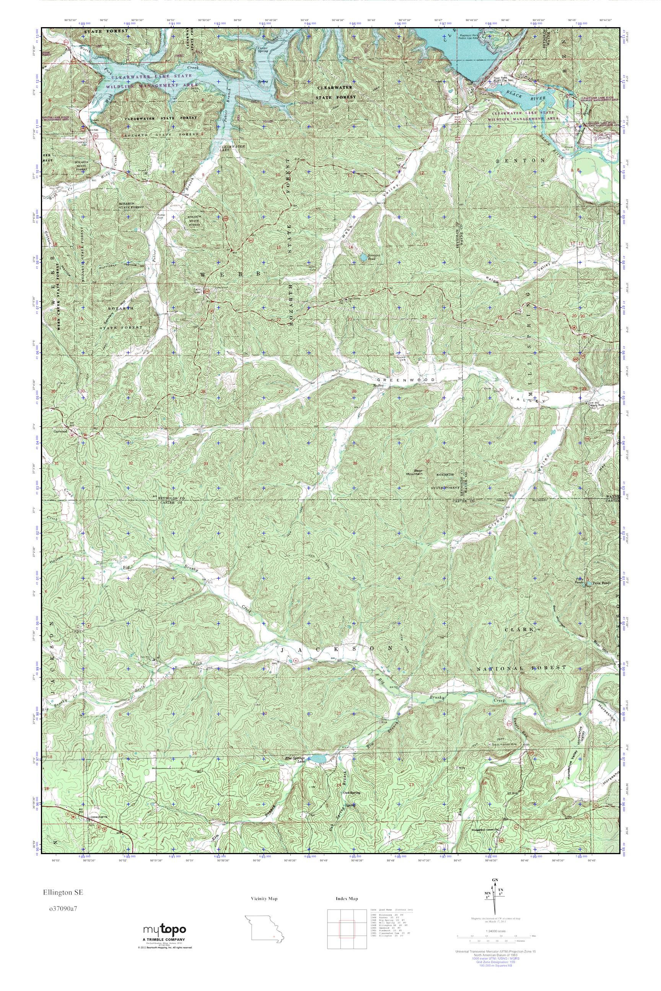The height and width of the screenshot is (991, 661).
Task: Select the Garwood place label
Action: [60, 431]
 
